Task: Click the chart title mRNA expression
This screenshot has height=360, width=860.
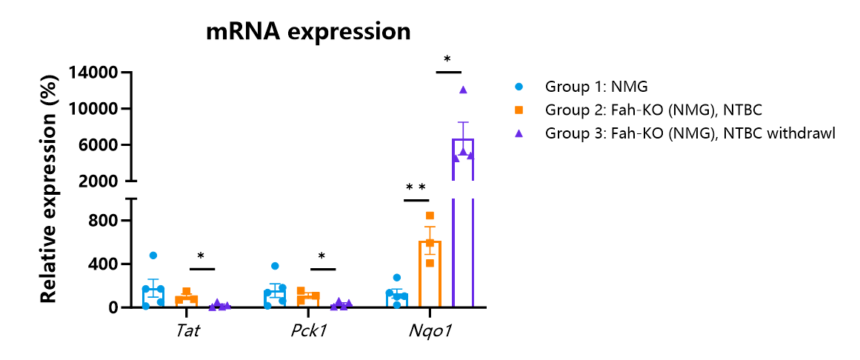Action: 308,32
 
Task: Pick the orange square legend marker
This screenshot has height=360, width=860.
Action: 518,110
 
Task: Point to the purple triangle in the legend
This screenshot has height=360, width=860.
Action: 518,133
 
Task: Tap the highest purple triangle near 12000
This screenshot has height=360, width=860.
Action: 463,90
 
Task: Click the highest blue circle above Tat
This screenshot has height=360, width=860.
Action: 153,255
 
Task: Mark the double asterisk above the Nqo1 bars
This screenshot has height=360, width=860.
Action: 416,187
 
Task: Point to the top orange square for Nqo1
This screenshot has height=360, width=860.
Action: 430,216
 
